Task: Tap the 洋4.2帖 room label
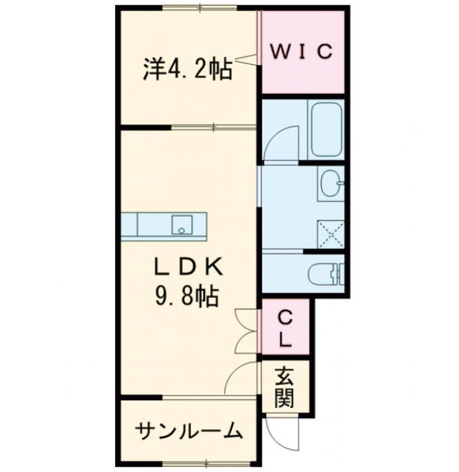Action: pyautogui.click(x=187, y=70)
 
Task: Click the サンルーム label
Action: pyautogui.click(x=189, y=430)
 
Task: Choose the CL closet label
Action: pyautogui.click(x=284, y=329)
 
